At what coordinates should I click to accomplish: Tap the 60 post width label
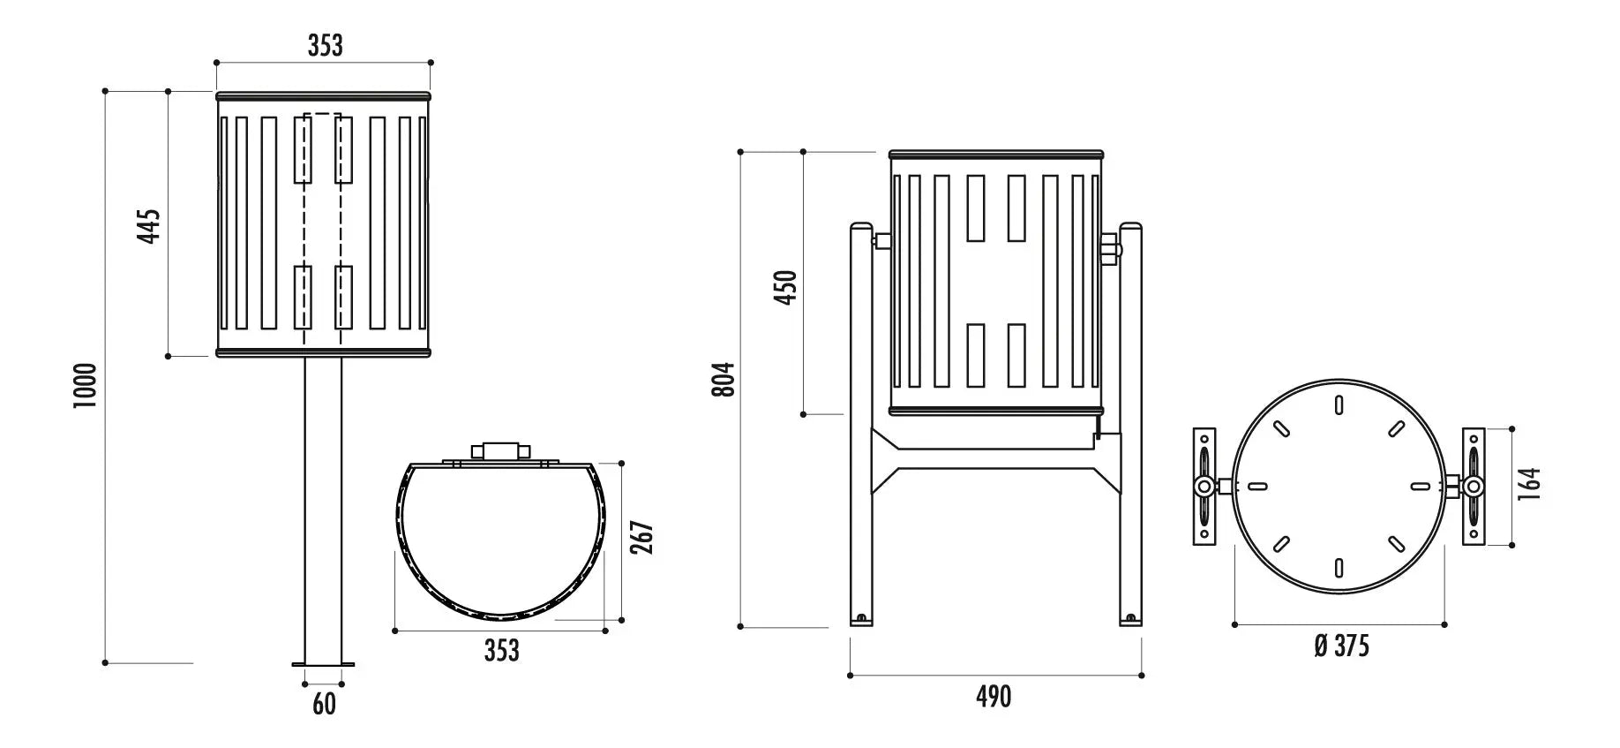[x=325, y=705]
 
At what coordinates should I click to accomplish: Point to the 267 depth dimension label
[x=643, y=538]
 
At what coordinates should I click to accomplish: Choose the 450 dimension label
[x=785, y=288]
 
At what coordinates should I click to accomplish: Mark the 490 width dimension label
[x=994, y=697]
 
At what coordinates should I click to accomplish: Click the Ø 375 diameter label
[x=1341, y=646]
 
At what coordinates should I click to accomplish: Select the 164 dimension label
[x=1529, y=485]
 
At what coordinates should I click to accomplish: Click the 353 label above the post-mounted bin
[x=325, y=46]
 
